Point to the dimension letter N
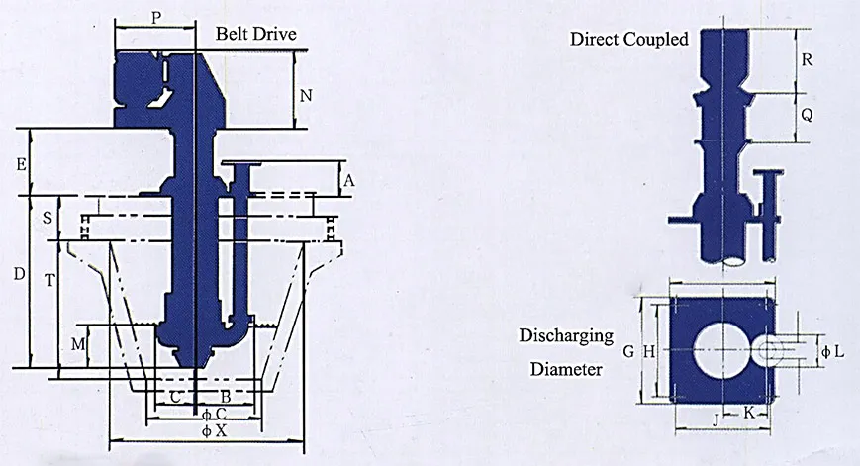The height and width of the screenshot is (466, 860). click(x=306, y=96)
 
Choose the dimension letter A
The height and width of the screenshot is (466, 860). click(x=348, y=180)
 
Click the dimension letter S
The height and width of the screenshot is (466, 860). click(x=48, y=219)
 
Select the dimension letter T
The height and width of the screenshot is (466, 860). click(x=48, y=280)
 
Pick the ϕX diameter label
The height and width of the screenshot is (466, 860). click(x=214, y=431)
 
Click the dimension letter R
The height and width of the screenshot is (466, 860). click(x=807, y=59)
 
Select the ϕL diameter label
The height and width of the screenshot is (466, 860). click(x=832, y=352)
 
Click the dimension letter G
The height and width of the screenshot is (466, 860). click(x=627, y=351)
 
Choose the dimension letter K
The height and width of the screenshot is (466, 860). click(x=749, y=411)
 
